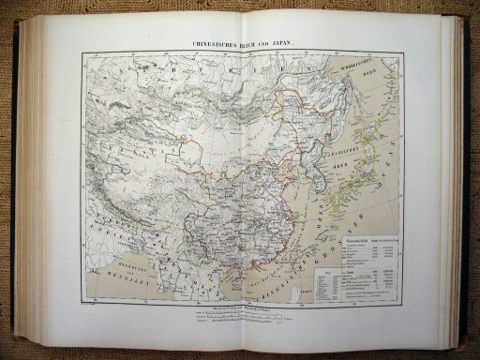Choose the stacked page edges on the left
coord(29,178)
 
